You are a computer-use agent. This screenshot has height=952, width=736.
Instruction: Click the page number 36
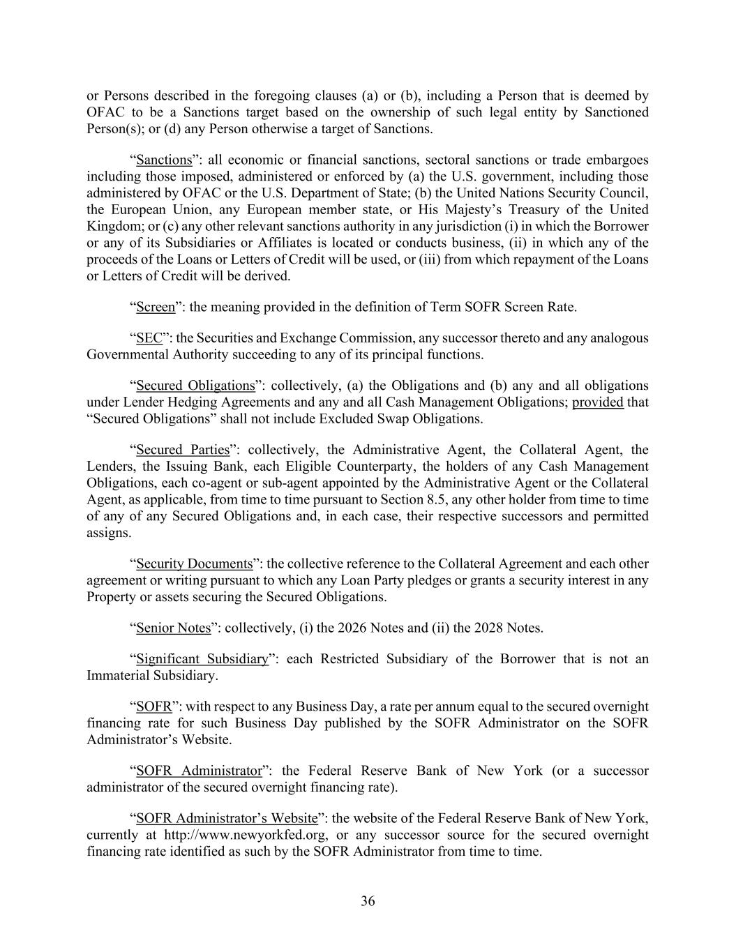[x=368, y=901]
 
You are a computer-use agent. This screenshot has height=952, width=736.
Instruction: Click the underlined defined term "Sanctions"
[x=164, y=160]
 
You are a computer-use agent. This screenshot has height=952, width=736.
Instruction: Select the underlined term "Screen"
[x=156, y=307]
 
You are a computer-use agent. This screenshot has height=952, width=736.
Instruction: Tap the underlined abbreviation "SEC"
[x=149, y=338]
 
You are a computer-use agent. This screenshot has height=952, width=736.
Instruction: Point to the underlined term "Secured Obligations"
[x=195, y=386]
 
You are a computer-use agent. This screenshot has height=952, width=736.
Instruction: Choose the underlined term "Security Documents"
[x=194, y=564]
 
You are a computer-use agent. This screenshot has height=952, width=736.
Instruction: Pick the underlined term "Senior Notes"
[x=173, y=628]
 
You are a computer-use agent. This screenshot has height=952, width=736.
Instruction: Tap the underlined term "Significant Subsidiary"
[x=202, y=659]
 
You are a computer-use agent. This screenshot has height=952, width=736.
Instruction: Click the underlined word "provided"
[x=597, y=402]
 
